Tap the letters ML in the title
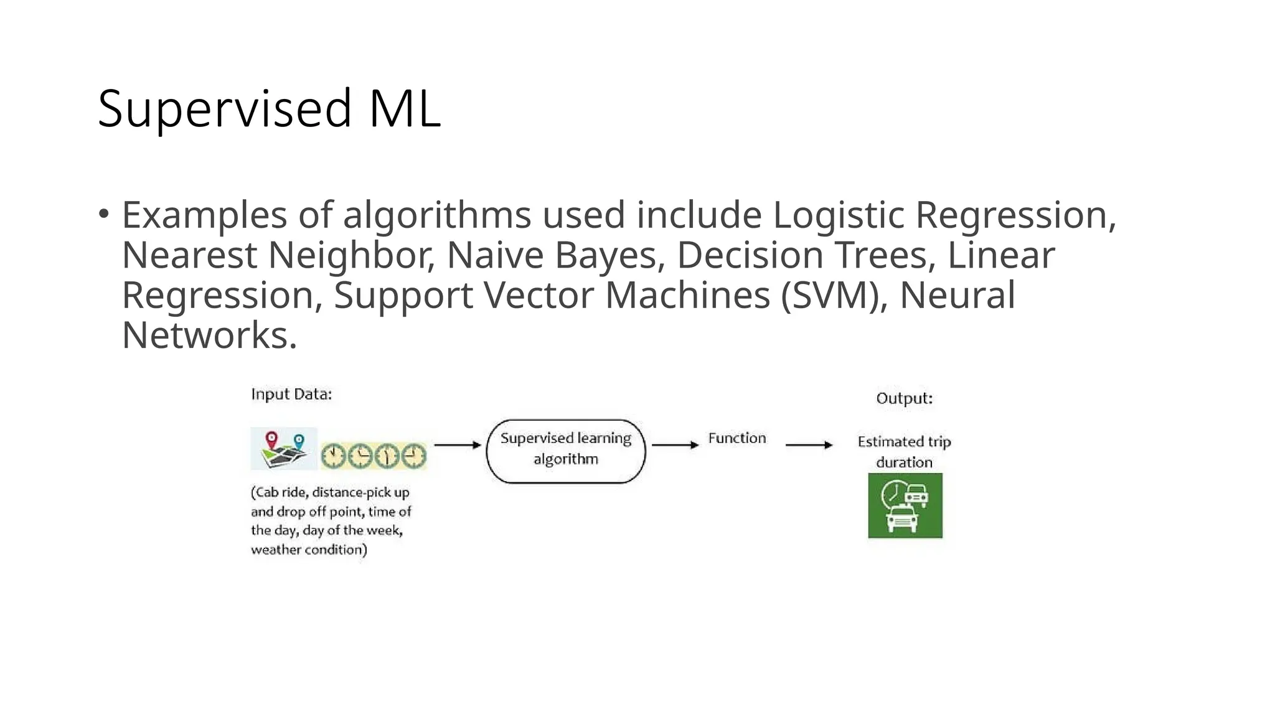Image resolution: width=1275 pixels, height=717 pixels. point(405,109)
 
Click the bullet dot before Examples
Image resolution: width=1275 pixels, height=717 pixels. point(104,214)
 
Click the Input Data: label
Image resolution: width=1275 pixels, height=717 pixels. point(291,395)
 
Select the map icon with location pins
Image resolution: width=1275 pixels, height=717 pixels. point(284,449)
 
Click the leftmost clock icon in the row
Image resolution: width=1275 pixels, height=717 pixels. point(334,456)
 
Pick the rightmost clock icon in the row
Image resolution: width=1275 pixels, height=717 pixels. point(413,456)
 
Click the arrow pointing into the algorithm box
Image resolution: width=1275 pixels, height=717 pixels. point(458,445)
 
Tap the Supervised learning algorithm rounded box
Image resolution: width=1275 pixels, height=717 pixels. point(565,451)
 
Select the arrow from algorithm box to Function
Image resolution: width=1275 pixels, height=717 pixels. point(675,445)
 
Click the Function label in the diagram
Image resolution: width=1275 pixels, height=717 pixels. point(737,438)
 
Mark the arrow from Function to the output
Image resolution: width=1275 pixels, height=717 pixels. point(809,445)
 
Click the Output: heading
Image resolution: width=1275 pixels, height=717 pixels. point(905,398)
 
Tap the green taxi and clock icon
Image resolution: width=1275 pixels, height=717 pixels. point(905,505)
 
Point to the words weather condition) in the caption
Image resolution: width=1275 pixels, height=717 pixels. point(309,550)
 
